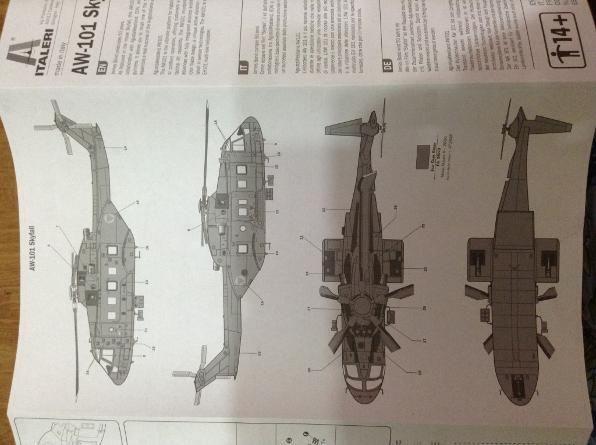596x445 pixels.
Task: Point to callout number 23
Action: [424, 268]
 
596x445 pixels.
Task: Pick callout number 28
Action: [424, 307]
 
